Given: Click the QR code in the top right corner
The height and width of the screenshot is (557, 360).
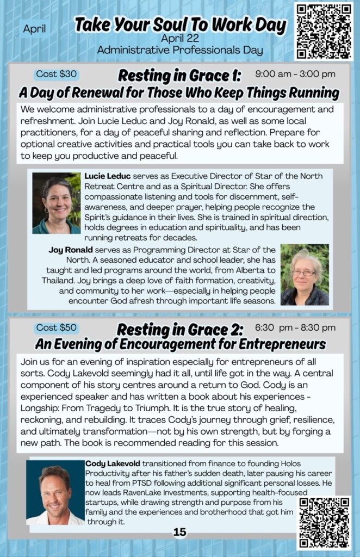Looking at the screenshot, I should [x=324, y=31].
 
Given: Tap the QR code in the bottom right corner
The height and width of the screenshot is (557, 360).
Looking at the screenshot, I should [x=324, y=523].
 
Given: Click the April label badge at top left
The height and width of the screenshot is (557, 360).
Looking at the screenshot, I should [x=35, y=29].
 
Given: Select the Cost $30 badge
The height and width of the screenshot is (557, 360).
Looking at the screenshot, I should [x=57, y=74].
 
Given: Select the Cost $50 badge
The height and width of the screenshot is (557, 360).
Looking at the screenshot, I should [x=57, y=327].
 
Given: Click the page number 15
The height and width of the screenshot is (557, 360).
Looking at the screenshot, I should [x=179, y=532].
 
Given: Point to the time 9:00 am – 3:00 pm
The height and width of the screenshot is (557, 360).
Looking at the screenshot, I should [x=295, y=74].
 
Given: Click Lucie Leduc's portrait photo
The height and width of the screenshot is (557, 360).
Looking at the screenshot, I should [x=56, y=203].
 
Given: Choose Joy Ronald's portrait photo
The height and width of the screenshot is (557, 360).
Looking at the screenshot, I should [x=305, y=274].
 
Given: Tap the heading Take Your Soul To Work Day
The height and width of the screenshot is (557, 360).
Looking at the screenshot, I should [x=180, y=25].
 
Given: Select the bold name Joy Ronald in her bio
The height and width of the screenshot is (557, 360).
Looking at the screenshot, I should [x=70, y=250].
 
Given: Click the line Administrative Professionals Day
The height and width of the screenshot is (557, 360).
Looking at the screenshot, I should [x=179, y=50].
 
